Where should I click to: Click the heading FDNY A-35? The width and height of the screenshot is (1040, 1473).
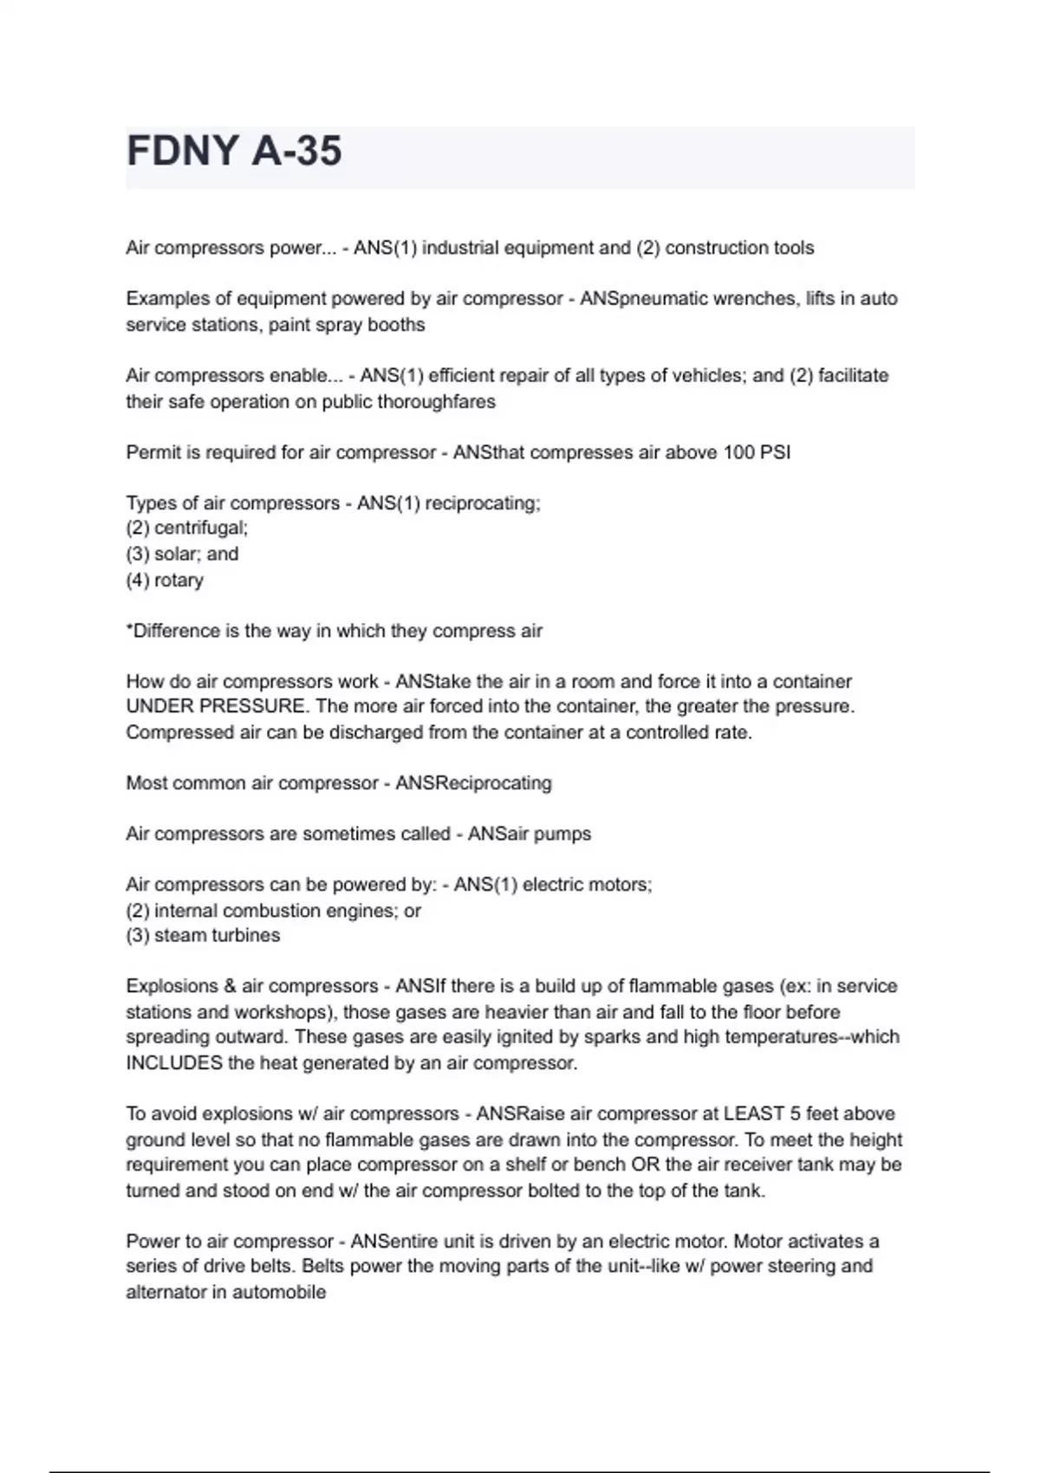pos(234,152)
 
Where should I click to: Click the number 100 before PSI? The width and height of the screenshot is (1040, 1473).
pos(738,452)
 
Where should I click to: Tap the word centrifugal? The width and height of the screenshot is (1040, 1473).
pos(200,528)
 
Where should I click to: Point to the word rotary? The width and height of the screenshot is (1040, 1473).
pos(179,580)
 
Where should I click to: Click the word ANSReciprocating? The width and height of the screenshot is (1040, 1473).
pos(473,783)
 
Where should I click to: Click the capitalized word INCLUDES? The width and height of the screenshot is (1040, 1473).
pos(174,1063)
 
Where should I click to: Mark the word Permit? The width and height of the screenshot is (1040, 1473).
pos(147,452)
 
